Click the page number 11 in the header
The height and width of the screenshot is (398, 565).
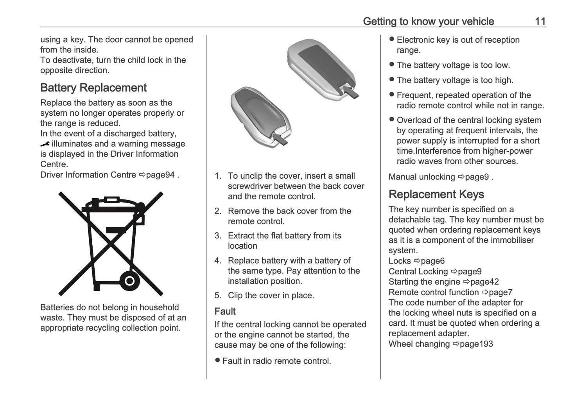pos(540,21)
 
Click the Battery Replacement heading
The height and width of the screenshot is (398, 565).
pos(93,88)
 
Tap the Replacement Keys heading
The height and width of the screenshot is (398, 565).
pos(436,194)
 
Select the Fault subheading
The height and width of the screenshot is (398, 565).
pos(225,311)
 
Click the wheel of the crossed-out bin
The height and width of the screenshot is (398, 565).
pos(129,280)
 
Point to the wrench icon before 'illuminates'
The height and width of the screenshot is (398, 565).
pos(45,144)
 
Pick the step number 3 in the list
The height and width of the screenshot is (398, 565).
pos(218,236)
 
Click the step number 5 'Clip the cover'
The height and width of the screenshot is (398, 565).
pos(218,296)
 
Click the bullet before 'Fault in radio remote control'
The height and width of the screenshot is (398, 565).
pos(217,360)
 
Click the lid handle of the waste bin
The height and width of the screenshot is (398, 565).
pos(106,199)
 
